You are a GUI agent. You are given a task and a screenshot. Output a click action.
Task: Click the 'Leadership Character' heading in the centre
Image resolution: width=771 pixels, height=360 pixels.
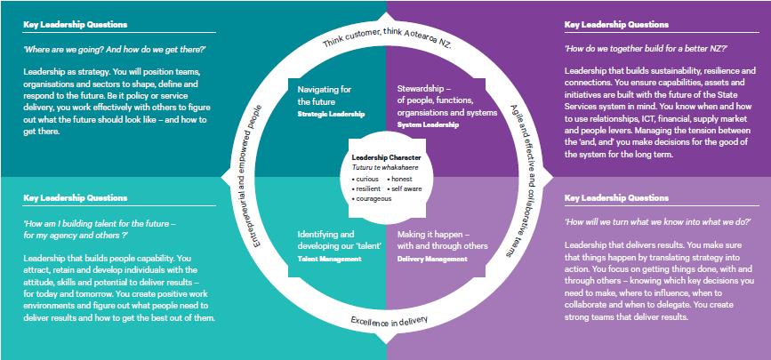pyautogui.click(x=385, y=157)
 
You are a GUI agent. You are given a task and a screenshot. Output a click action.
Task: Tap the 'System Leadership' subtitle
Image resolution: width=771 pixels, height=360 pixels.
pyautogui.click(x=428, y=126)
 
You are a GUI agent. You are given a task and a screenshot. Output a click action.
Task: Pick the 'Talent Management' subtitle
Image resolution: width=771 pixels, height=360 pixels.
pyautogui.click(x=329, y=259)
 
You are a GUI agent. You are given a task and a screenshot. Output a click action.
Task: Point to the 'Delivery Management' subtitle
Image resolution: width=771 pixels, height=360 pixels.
pyautogui.click(x=431, y=259)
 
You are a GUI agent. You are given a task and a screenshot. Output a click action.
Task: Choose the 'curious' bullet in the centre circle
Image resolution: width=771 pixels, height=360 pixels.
pyautogui.click(x=368, y=178)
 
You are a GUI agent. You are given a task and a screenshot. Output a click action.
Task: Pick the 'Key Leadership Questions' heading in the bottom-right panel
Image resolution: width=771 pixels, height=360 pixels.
pyautogui.click(x=615, y=197)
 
